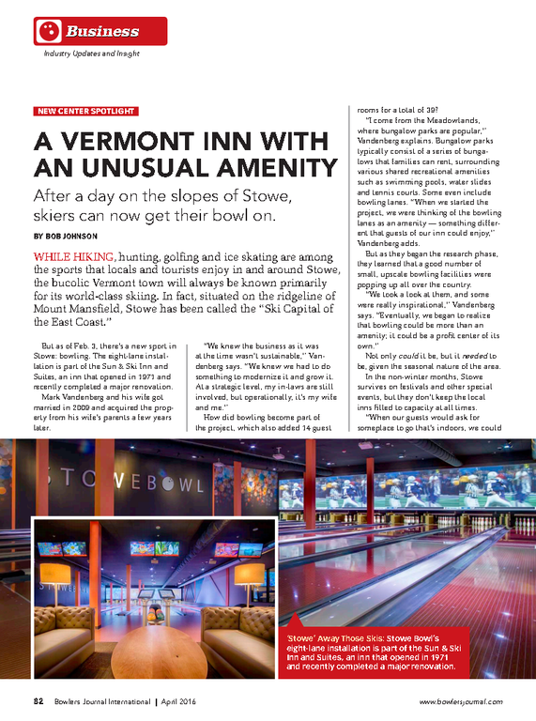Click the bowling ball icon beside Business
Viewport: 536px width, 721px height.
pos(49,31)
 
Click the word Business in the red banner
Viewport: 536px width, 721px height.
pos(101,32)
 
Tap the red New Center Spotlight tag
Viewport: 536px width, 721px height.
pos(85,111)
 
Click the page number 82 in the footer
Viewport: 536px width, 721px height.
pos(39,701)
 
